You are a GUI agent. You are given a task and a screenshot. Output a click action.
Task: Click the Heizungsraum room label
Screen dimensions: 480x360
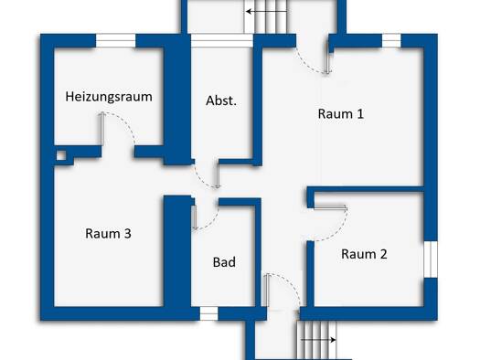[109, 97]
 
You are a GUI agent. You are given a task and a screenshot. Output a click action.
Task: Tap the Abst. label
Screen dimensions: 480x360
[221, 101]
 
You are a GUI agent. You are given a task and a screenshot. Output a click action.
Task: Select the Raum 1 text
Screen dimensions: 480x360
[341, 114]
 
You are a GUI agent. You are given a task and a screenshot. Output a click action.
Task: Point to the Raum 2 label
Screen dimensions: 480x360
[364, 254]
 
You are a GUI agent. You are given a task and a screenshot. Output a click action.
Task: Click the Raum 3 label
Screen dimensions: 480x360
[108, 234]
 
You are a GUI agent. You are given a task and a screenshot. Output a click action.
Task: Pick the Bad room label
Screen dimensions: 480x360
[224, 262]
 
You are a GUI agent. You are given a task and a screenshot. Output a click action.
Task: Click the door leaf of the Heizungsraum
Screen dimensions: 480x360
[102, 129]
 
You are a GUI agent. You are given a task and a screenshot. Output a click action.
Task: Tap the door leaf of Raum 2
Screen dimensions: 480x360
[330, 208]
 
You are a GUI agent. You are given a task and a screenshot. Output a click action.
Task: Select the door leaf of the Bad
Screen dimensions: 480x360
[194, 217]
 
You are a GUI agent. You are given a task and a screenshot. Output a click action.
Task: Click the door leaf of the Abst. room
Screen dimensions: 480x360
[218, 175]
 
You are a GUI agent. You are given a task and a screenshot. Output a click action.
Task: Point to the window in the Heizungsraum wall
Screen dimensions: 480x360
[116, 41]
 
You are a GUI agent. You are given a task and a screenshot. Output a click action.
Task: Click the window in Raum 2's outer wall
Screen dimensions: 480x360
[431, 259]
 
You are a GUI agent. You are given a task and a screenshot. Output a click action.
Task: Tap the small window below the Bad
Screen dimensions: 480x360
[208, 313]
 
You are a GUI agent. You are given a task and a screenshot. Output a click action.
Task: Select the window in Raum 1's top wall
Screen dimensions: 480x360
[391, 41]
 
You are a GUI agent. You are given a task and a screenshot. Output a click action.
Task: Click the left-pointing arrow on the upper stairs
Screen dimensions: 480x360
[266, 12]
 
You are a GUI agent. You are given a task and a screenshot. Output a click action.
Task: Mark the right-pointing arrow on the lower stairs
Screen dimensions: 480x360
[318, 340]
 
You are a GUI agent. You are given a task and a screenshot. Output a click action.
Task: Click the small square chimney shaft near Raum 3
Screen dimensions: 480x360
[61, 155]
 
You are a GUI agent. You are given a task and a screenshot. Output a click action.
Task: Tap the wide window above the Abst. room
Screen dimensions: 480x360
[222, 41]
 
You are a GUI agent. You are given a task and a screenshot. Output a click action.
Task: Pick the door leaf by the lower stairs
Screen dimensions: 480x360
[267, 290]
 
